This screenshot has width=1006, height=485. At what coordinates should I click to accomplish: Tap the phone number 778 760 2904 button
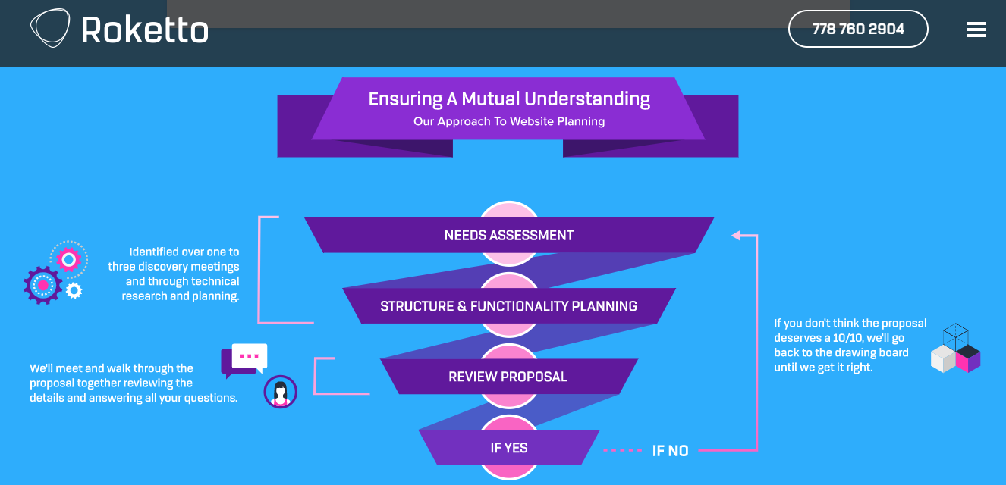pos(858,29)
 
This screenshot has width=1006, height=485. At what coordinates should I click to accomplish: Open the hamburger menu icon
pos(976,30)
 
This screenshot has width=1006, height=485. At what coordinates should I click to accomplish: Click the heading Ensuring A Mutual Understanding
pos(509,99)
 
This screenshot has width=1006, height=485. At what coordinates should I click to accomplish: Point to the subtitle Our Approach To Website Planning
pos(509,121)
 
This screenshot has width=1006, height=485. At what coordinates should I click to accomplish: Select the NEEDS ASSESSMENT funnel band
pos(508,236)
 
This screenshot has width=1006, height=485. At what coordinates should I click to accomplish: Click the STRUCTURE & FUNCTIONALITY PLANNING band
pos(508,306)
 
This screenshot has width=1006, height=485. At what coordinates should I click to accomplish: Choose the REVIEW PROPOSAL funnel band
pos(508,377)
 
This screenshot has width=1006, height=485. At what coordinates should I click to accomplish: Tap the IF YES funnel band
pos(508,448)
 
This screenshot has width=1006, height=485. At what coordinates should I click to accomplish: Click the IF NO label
pos(670,451)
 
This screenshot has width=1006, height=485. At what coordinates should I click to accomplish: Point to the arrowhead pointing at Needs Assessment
pos(736,236)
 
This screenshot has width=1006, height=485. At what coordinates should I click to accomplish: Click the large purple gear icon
pos(42,285)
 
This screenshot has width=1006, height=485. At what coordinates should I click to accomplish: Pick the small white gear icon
pos(74,289)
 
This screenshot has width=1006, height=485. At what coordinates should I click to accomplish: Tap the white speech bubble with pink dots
pos(249,356)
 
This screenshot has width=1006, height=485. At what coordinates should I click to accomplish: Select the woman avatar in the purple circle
pos(280,392)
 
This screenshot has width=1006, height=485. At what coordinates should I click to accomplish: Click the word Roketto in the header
pos(145,30)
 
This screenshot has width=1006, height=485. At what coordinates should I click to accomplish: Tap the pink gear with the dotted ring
pos(69,260)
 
